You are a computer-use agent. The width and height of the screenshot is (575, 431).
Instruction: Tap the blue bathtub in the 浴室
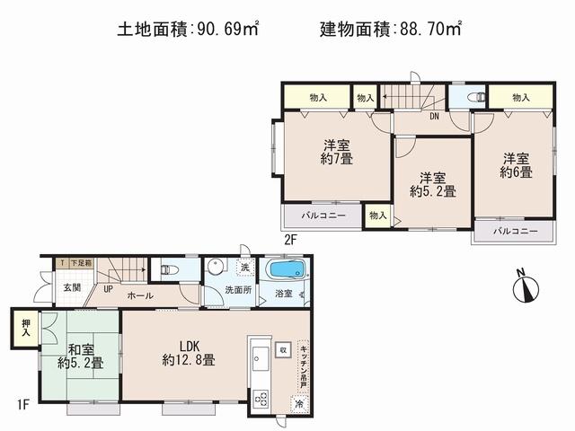coord(285,270)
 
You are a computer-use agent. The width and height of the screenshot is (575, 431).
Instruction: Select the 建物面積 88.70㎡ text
coord(391,29)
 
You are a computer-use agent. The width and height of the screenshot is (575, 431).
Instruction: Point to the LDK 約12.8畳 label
coord(189,353)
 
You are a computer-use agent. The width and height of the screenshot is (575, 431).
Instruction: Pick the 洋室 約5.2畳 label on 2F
coord(432,184)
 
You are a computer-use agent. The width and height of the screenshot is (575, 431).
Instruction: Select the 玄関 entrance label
coord(72,288)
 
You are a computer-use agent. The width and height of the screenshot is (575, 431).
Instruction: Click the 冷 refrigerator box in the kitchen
coord(299,404)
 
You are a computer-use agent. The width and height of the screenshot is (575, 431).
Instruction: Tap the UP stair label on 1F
coord(108,289)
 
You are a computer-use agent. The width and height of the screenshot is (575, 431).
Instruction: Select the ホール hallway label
coord(139,295)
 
